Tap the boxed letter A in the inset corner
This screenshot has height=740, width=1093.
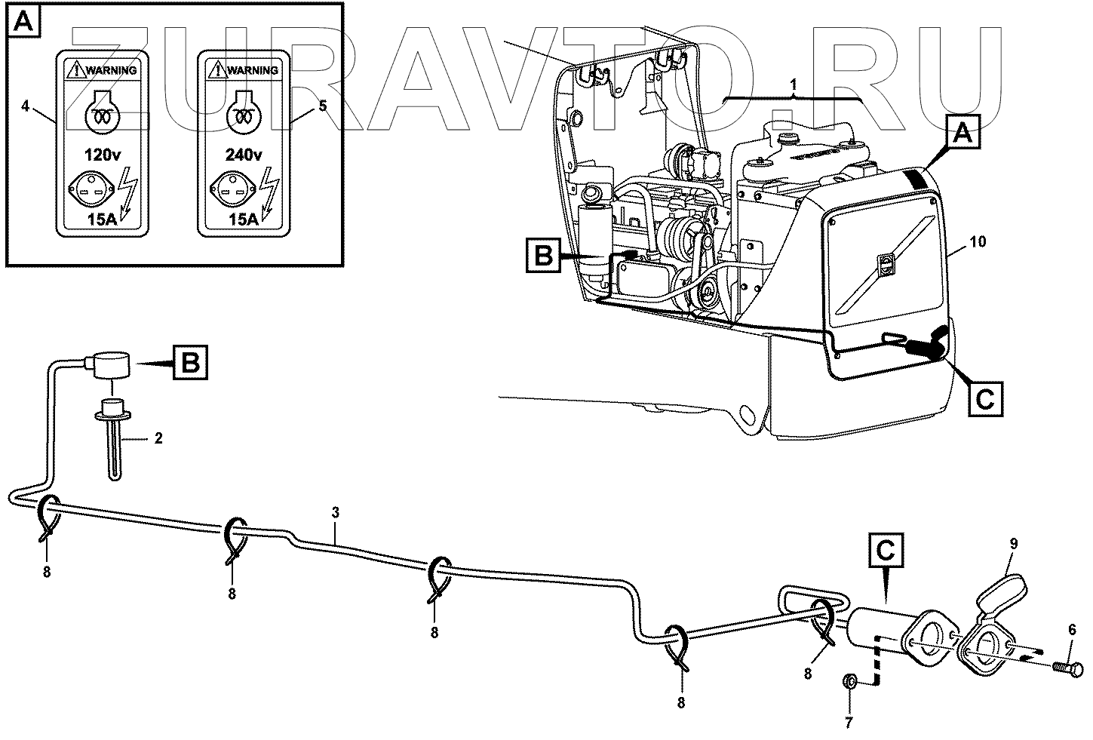click(x=23, y=23)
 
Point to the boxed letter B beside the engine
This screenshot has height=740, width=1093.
click(x=544, y=256)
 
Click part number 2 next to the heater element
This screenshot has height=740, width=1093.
click(x=158, y=437)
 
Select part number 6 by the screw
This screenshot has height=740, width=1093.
click(x=1071, y=629)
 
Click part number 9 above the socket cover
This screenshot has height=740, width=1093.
click(x=1014, y=542)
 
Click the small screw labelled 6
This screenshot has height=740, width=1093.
click(x=1061, y=667)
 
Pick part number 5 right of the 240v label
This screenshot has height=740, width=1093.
click(x=322, y=106)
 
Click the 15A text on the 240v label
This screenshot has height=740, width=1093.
click(x=244, y=218)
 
